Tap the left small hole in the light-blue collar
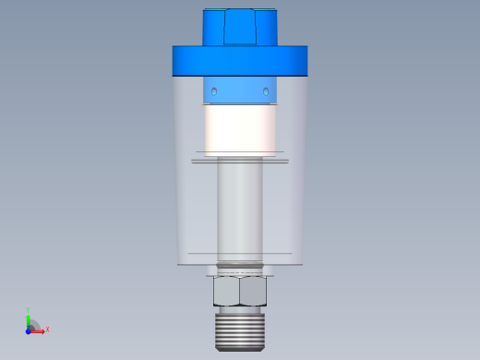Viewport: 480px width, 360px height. [214, 91]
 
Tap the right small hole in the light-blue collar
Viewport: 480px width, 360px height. [266, 91]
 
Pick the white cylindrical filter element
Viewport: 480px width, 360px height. [240, 129]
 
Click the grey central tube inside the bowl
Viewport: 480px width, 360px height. [240, 208]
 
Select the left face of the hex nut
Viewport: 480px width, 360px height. [226, 292]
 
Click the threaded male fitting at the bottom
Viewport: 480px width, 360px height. [240, 330]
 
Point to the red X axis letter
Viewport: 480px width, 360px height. [47, 329]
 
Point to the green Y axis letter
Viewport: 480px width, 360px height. [30, 311]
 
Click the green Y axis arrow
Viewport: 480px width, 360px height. [30, 320]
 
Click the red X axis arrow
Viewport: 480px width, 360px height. [38, 329]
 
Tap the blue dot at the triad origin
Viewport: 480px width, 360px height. [30, 329]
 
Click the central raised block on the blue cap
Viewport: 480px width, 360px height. [240, 26]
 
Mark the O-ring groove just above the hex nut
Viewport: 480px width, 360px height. [240, 270]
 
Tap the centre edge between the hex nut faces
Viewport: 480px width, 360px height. [240, 292]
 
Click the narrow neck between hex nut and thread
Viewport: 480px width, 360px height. [240, 309]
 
